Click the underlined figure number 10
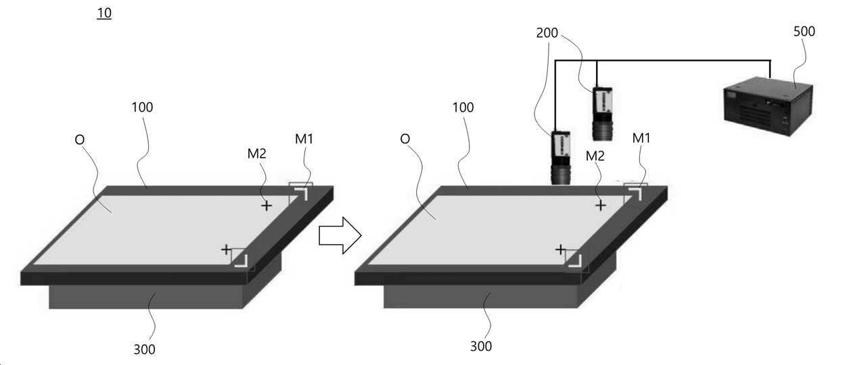coord(104,13)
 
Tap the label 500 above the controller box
coord(804,31)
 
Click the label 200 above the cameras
coord(547,32)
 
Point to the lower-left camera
coord(561,157)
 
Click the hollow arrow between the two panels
coord(340,235)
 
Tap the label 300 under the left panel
coord(144,349)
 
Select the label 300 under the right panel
coord(481,347)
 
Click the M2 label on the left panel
coord(257,153)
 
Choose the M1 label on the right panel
coord(641,139)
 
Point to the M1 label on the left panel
coord(304,139)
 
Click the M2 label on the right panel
coord(595,156)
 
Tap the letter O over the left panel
coord(80,139)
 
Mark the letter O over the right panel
coord(405,139)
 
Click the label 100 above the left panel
coord(142,107)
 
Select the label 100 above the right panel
coord(463,107)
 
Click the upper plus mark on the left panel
coord(267,205)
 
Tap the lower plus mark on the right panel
coord(560,250)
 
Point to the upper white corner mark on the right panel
coord(636,194)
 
